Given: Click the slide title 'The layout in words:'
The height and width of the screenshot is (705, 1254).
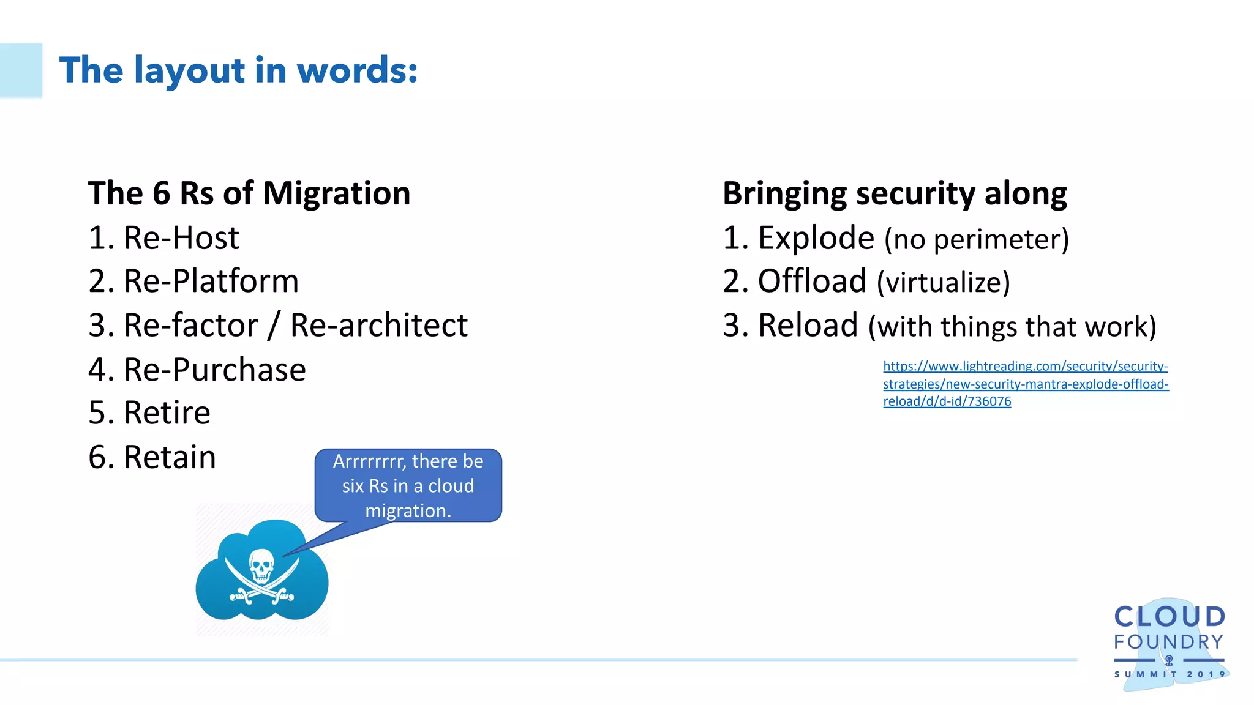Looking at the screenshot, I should click(238, 70).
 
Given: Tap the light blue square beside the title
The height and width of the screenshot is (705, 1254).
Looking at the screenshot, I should click(21, 70).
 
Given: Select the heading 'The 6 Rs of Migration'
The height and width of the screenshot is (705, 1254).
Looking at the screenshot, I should click(249, 193).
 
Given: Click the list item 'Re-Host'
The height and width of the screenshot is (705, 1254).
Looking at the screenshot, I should click(181, 238).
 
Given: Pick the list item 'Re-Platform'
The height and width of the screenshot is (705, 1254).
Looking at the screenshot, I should click(211, 282).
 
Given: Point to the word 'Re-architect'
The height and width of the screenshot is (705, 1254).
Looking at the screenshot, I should click(378, 325).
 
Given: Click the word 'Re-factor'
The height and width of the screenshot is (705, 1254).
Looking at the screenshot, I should click(190, 325).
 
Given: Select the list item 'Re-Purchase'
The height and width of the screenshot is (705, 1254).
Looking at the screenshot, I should click(214, 370).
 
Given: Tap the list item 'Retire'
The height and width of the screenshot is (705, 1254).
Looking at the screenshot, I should click(167, 413).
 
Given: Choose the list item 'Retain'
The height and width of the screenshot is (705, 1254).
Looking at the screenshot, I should click(170, 457).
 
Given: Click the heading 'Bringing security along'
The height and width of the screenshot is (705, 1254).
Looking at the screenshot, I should click(895, 193).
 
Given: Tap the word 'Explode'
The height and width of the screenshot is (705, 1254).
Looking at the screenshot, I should click(816, 238).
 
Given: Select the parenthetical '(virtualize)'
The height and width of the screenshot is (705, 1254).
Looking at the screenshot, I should click(943, 283).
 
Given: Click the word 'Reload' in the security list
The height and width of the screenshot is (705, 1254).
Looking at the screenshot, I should click(808, 326).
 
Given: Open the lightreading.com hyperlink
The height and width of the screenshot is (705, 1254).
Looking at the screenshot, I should click(1025, 384).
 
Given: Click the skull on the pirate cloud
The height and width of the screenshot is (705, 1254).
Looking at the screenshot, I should click(261, 564).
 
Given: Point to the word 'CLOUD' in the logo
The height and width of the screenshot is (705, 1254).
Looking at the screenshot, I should click(1169, 617).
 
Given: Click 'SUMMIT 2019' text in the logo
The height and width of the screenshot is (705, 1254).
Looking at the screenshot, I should click(1169, 674).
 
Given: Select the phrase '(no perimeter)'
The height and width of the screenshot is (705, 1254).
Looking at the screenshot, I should click(977, 239).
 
